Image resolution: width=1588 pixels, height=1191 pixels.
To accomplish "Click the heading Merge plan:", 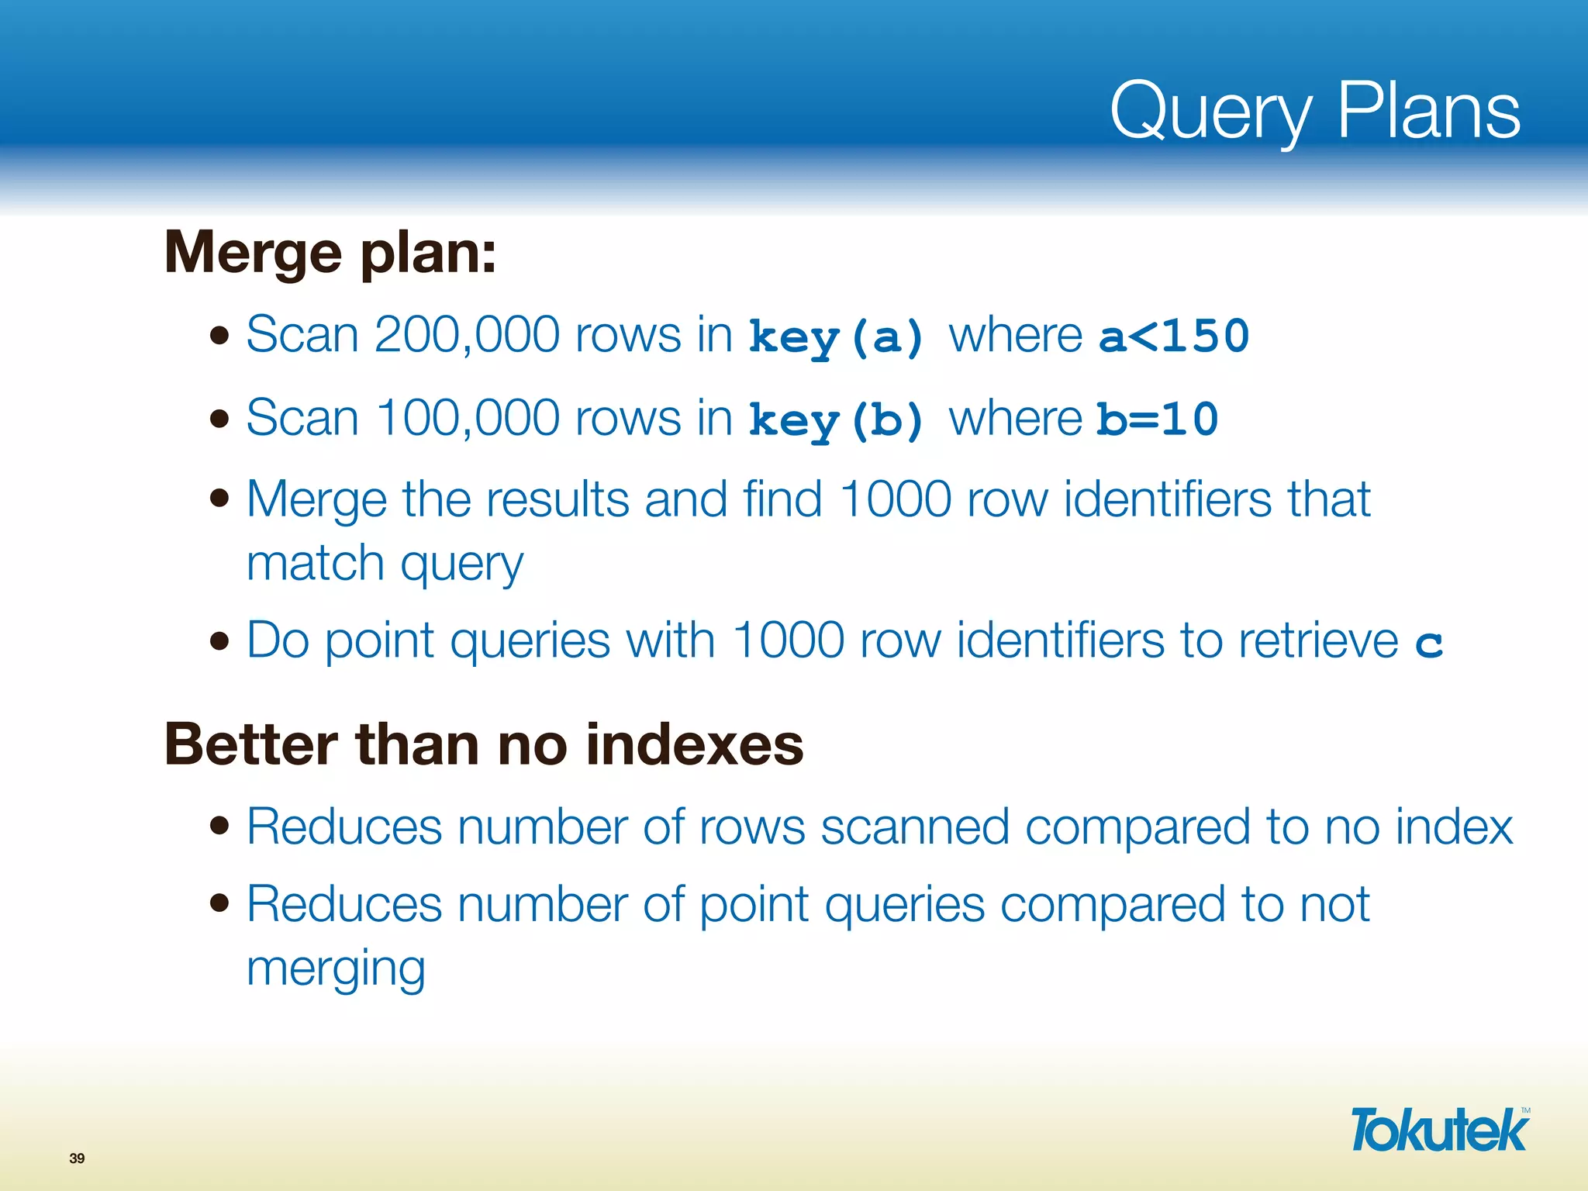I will tap(330, 253).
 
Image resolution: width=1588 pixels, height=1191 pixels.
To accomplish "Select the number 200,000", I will tap(466, 335).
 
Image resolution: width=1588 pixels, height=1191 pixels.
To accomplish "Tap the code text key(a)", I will tap(837, 337).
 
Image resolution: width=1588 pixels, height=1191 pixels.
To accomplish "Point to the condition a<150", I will tap(1174, 336).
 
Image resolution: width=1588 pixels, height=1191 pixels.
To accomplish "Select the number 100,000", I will tap(468, 418).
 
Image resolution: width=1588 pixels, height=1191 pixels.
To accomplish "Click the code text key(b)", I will tap(837, 420).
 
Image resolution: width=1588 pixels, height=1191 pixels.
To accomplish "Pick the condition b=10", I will tap(1158, 419).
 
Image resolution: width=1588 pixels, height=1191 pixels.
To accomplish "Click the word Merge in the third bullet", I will tap(316, 499).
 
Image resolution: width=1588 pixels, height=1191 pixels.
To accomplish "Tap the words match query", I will tap(385, 564).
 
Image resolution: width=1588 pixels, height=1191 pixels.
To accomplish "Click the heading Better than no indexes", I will tap(484, 745).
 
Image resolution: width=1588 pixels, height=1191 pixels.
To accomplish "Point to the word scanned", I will tap(914, 827).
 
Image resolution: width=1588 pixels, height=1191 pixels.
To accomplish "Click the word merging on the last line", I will tap(336, 968).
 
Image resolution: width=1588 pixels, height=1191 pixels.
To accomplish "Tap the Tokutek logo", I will tap(1439, 1131).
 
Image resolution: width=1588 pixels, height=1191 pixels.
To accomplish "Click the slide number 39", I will tap(77, 1158).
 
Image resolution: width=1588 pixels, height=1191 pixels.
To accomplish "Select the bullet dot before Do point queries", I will tap(220, 641).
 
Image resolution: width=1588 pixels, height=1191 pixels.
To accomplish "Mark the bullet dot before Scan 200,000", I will tap(220, 336).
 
